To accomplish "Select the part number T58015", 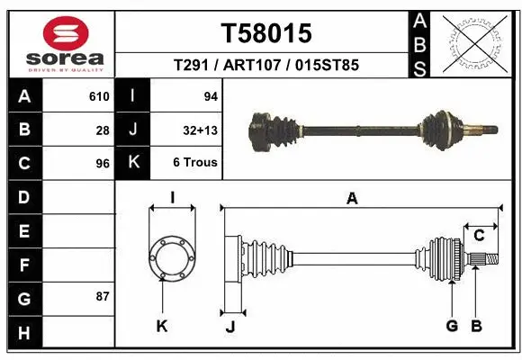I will pos(266,33).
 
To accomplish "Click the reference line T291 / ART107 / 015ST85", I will pos(266,67).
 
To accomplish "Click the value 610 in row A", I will pos(99,96).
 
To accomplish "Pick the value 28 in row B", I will pos(103,130).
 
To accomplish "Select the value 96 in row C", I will pos(103,164).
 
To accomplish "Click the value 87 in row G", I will pos(103,297).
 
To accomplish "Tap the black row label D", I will pos(23,197).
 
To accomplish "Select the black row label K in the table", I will pos(133,164).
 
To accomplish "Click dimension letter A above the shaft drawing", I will pos(352,199).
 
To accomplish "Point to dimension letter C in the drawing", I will pos(480,236).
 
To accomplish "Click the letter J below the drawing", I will pos(230,327).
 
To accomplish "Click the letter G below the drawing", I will pos(453,326).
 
